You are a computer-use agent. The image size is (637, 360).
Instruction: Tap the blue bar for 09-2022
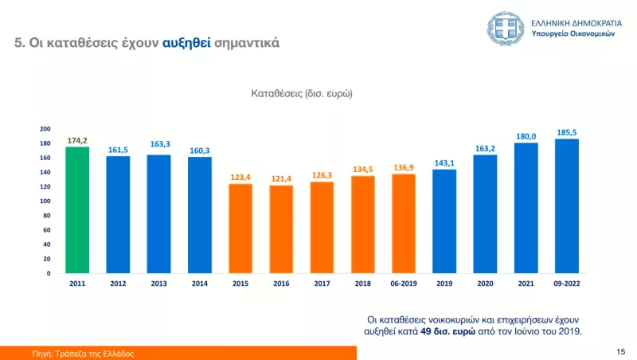pos(566,206)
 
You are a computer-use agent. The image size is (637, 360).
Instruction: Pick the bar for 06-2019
pos(404,224)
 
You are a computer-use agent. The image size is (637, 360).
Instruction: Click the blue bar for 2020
pos(485,214)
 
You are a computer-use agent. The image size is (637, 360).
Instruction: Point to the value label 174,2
pos(77,140)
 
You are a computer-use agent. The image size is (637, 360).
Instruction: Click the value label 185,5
pos(566,132)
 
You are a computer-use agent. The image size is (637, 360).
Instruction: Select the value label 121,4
pos(281,178)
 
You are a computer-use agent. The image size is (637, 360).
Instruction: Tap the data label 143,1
pos(444,162)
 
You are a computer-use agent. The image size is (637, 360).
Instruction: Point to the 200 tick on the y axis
pos(45,129)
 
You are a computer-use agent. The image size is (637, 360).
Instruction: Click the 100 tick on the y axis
pos(45,202)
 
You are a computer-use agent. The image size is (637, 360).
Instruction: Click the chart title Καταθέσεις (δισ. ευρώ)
pos(302,93)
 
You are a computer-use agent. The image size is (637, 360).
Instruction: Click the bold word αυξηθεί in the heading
pos(187,43)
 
